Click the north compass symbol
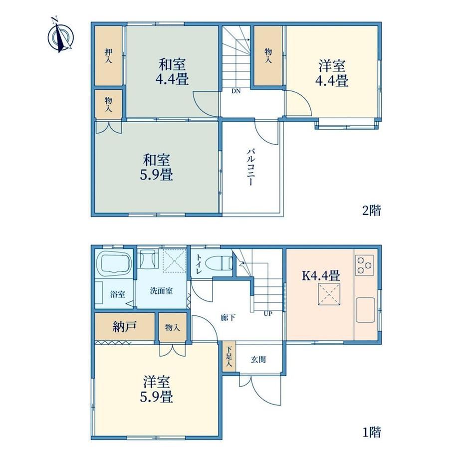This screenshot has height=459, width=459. coord(60,36)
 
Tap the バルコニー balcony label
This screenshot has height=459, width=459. coord(251,168)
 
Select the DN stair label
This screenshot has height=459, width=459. coord(236,91)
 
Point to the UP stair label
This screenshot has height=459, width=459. coord(268,313)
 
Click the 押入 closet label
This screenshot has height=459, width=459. coord(109,56)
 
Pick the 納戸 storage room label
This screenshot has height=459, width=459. coord(124,326)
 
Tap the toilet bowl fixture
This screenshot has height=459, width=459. coord(219,262)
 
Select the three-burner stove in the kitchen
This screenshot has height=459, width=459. coord(365,265)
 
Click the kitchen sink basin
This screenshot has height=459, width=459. coord(365,310)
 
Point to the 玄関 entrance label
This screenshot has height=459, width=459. coord(258,359)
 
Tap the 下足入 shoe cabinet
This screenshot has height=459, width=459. coord(229,357)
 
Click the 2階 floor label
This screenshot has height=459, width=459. coord(372,210)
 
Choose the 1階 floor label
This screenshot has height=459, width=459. coord(372,432)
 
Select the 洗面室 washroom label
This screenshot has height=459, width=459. coord(161,291)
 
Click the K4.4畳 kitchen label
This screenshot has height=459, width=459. coord(321,275)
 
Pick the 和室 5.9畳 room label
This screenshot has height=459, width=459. coord(157,168)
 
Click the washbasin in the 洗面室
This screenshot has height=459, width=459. coord(148,259)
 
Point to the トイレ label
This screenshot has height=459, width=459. coord(199,264)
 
